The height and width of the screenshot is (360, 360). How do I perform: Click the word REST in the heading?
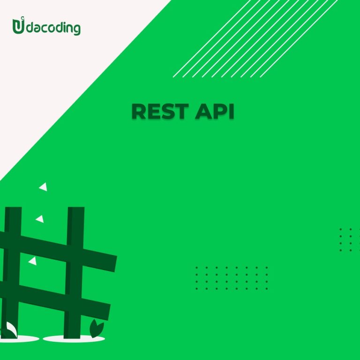160,112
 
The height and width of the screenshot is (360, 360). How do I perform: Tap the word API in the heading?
214,112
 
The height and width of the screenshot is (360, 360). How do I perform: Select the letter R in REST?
139,112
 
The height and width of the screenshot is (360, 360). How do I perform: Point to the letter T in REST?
181,112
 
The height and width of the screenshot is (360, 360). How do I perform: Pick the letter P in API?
221,112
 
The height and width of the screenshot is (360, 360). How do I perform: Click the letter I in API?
232,112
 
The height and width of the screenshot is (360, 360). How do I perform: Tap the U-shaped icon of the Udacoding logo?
18,25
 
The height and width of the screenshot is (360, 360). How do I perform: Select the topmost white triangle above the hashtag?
43,187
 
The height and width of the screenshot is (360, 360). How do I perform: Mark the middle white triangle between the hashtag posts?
40,219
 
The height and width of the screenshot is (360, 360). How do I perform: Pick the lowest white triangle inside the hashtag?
33,261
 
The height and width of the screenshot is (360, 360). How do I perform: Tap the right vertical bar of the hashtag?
74,272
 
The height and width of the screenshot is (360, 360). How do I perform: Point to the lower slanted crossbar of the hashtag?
55,300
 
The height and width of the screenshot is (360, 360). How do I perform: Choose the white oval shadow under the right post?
74,338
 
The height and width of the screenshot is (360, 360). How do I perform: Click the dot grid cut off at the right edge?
350,240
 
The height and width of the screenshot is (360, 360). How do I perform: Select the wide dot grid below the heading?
232,278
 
